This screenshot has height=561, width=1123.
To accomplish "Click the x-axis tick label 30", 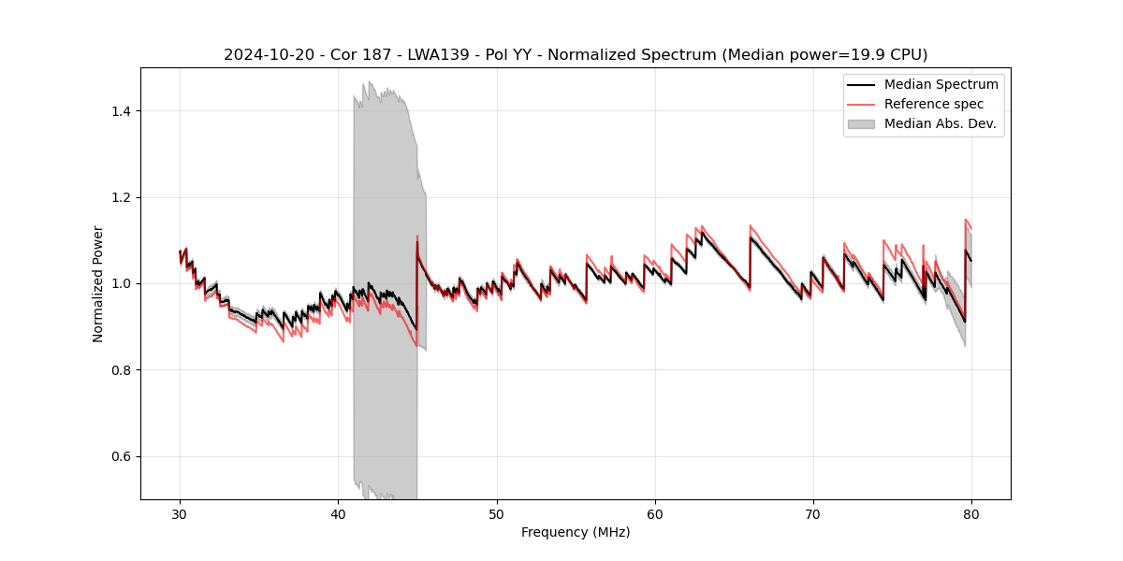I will click(181, 514).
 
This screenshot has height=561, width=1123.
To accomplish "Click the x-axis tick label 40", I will click(339, 514).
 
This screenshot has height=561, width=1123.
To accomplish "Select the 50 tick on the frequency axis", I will click(497, 514).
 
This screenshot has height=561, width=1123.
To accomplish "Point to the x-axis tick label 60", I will click(655, 514).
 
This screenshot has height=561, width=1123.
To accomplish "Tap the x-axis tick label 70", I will click(813, 514).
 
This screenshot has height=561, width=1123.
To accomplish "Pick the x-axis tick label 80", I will click(971, 514).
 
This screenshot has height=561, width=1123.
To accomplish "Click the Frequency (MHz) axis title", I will click(576, 532).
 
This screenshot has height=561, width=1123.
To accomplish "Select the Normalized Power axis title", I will click(98, 283).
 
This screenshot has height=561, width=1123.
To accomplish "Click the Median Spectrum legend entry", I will click(941, 84).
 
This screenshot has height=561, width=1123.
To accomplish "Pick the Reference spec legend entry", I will click(933, 104).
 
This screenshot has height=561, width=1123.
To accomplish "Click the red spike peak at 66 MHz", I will click(751, 225).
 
